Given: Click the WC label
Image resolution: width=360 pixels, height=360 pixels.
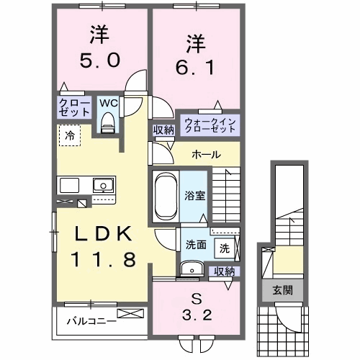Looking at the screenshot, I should (x=108, y=104).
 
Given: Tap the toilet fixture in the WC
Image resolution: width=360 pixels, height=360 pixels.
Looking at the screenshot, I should (x=108, y=124).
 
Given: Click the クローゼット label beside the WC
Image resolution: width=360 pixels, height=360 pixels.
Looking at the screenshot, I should (x=75, y=109).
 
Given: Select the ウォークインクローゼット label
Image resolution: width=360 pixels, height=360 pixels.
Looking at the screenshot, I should (x=210, y=125).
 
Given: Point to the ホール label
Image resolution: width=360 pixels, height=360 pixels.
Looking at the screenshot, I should (x=206, y=155).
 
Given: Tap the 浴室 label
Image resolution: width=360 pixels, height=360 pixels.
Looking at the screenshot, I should (x=194, y=194).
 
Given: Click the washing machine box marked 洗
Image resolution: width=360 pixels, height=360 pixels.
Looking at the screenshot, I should (x=225, y=248).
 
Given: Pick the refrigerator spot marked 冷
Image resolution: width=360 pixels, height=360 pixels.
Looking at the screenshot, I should (x=70, y=135).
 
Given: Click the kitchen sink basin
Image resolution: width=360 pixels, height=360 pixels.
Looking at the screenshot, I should (x=102, y=186).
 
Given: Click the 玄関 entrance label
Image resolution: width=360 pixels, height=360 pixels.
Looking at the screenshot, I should (x=282, y=292).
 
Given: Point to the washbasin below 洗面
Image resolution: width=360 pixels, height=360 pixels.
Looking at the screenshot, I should (x=190, y=269).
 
